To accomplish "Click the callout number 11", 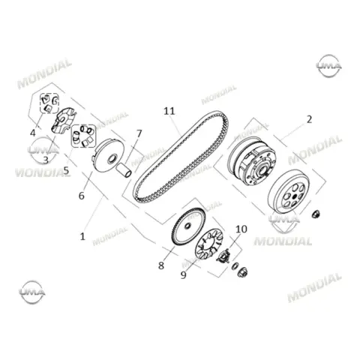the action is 169,111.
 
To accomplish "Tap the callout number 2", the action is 309,119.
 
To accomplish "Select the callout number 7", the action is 139,133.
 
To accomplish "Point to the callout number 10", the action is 241,229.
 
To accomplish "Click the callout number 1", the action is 82,236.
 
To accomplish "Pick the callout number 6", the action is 82,196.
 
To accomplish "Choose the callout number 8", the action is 161,265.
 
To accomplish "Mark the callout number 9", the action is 184,275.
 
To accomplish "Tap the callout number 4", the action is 33,133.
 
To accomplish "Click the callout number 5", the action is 66,170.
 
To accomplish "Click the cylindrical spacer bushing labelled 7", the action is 124,169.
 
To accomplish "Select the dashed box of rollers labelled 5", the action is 84,136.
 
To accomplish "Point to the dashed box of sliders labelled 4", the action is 49,103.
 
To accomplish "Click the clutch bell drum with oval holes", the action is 289,191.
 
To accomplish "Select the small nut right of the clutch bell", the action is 316,214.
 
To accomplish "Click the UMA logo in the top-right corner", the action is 329,66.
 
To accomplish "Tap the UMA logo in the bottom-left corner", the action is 32,292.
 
